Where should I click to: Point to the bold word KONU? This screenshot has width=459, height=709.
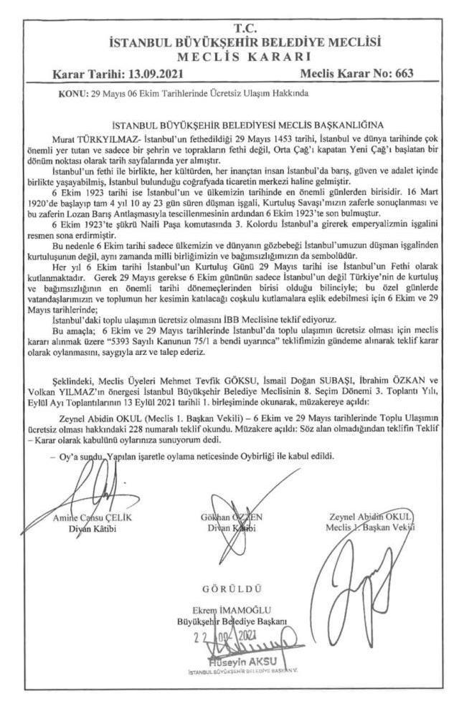(72, 93)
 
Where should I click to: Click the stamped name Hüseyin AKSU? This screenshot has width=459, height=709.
(236, 661)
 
